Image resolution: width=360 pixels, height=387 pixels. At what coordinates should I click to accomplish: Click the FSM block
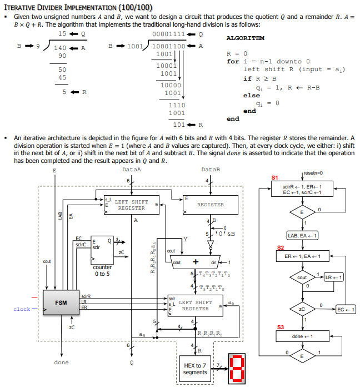(x=61, y=303)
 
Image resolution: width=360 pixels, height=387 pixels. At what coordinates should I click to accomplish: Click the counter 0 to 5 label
(x=102, y=270)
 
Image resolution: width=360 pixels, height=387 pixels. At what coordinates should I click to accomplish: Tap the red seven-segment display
(x=237, y=368)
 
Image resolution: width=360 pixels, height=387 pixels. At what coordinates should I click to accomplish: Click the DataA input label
(x=131, y=169)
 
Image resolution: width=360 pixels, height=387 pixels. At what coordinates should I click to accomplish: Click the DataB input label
(x=211, y=169)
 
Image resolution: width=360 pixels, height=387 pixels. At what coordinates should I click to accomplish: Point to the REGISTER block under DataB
(x=211, y=205)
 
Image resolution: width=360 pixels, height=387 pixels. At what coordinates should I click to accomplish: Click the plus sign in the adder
(x=196, y=262)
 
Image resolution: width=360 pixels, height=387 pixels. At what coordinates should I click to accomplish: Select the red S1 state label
(x=274, y=177)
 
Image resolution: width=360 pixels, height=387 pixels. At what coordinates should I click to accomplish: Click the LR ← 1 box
(x=337, y=277)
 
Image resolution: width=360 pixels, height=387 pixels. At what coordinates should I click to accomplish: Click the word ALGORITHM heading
(x=246, y=38)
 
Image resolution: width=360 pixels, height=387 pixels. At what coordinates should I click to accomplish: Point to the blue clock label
(x=22, y=309)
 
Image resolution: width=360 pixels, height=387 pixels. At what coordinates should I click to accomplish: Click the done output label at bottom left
(x=62, y=363)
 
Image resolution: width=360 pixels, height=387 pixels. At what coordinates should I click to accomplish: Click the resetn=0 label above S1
(x=314, y=173)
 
